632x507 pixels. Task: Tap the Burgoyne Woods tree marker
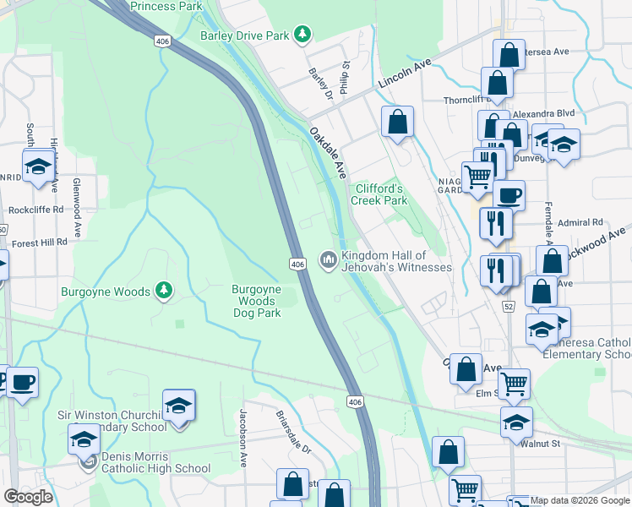point(164,292)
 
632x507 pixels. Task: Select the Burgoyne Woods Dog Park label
point(256,301)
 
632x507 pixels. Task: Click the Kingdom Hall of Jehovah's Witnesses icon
point(328,259)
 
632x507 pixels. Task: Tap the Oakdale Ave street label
point(328,153)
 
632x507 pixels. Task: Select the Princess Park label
point(166,6)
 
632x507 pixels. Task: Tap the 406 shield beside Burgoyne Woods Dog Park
point(297,264)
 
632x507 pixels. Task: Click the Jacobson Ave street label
point(242,427)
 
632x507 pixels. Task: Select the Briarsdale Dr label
point(293,432)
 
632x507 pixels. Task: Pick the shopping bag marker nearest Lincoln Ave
point(397,122)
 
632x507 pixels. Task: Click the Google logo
point(28,496)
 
